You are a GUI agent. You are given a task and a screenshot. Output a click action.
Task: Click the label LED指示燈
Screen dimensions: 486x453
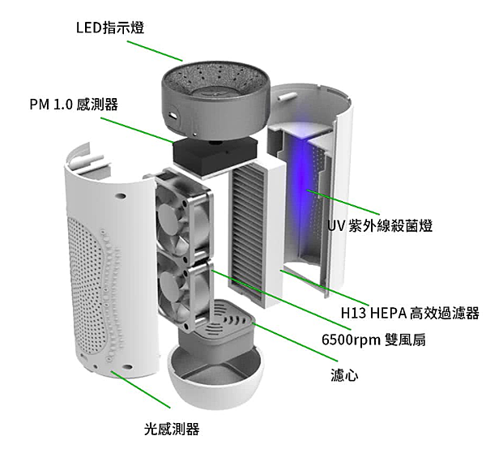(110, 28)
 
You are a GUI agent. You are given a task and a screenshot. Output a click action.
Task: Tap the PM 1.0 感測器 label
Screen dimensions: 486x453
(74, 105)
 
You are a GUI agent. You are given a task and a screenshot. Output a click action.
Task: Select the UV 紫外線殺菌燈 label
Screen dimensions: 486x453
(380, 225)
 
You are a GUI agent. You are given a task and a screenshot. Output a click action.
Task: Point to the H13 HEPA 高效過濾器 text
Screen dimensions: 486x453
(410, 313)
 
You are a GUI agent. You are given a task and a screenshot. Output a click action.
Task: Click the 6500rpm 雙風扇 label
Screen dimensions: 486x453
(373, 340)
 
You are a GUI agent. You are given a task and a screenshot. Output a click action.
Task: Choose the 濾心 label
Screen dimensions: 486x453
(344, 375)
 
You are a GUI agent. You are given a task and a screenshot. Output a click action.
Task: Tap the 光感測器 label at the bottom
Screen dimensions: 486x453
(172, 429)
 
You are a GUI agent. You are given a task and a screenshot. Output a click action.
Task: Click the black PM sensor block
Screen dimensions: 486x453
(215, 156)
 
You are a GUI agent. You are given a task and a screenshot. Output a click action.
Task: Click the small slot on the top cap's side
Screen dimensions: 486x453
(173, 116)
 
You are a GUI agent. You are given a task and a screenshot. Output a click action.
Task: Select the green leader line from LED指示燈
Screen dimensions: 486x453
(155, 50)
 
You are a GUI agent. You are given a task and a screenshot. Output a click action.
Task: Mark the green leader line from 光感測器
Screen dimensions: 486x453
(140, 389)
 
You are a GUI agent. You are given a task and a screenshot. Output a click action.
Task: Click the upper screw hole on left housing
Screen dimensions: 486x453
(120, 196)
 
